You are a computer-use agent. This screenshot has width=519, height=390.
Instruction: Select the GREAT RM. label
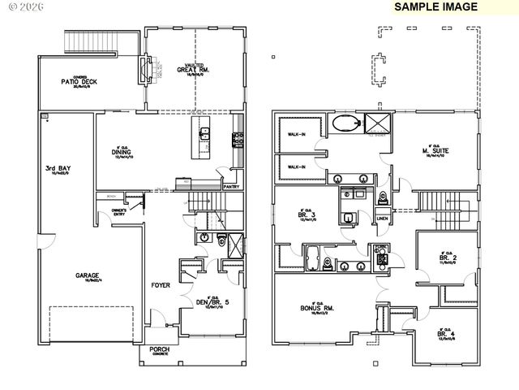195,70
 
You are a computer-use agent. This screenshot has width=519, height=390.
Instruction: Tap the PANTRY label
230,186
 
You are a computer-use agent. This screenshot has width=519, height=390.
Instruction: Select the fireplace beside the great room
145,70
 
